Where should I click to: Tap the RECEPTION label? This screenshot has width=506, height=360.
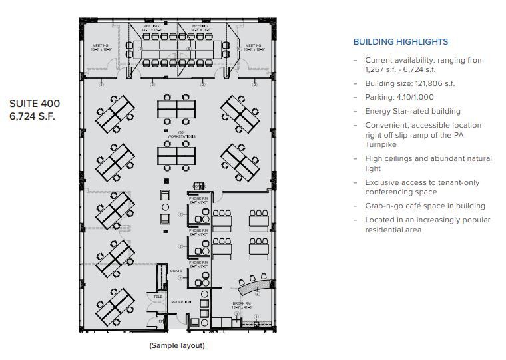[181, 302]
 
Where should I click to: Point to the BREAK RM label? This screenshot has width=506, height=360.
[241, 305]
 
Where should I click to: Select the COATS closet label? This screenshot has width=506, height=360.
[176, 271]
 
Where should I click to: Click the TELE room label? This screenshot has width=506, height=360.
[158, 296]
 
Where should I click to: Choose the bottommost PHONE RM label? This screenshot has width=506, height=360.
[198, 263]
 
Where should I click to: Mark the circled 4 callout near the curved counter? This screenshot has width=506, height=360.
[258, 293]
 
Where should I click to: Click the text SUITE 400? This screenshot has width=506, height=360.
[35, 104]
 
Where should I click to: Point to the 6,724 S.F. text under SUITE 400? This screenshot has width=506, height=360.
[32, 116]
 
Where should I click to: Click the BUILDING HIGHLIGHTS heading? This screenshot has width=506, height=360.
[400, 42]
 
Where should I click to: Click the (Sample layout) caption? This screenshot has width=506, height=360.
[177, 345]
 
